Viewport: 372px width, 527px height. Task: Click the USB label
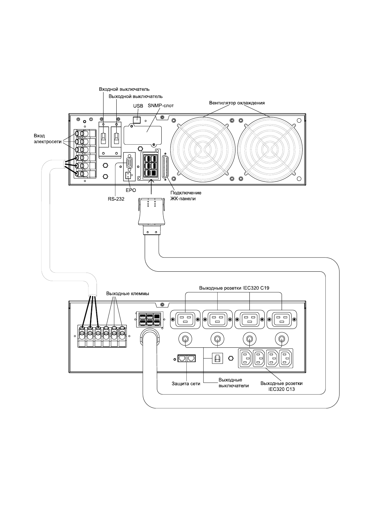(138, 106)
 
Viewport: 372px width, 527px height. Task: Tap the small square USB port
(137, 120)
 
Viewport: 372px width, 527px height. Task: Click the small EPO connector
(128, 176)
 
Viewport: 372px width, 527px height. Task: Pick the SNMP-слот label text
(161, 106)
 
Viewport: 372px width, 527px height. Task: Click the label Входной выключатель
(120, 89)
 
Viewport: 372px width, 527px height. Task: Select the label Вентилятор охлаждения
(237, 103)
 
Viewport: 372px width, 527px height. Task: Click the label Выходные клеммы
(128, 294)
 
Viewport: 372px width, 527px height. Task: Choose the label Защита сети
(186, 384)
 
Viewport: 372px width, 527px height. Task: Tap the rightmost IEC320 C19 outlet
(281, 320)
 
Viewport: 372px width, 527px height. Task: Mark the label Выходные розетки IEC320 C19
(234, 288)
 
